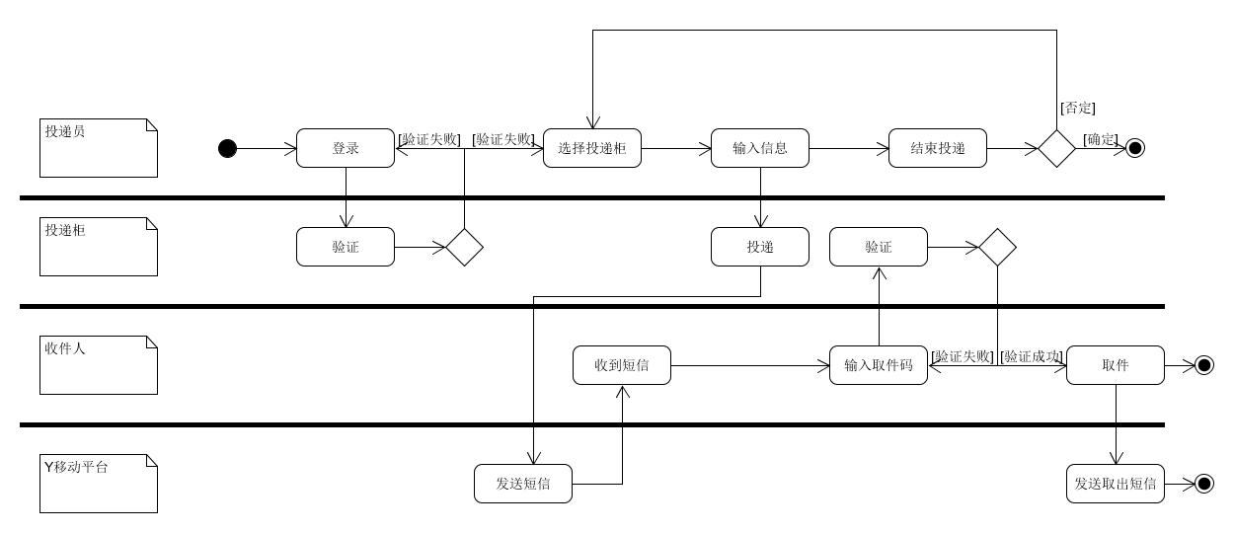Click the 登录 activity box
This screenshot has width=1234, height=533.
(x=346, y=148)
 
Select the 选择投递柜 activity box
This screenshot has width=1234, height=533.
(x=592, y=148)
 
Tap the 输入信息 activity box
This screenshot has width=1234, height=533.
(x=760, y=148)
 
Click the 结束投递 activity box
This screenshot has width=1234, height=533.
(x=938, y=148)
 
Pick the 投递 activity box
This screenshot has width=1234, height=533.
(x=760, y=247)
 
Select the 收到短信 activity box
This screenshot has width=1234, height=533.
(x=622, y=365)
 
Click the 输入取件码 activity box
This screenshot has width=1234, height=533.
(x=879, y=365)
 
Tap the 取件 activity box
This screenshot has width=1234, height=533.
(x=1116, y=365)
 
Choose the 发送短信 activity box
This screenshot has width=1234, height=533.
(x=523, y=484)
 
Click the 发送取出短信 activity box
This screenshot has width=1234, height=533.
(x=1116, y=484)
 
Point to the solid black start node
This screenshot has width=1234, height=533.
(x=228, y=148)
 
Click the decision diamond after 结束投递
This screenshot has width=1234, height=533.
(x=1056, y=148)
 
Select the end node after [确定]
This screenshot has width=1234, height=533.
(x=1135, y=148)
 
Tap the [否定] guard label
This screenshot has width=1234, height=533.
(x=1077, y=109)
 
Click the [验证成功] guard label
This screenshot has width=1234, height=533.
(x=1032, y=356)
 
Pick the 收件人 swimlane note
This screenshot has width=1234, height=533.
(x=99, y=365)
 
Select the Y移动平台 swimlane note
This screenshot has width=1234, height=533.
(x=99, y=484)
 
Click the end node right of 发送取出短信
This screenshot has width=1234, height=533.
(x=1204, y=484)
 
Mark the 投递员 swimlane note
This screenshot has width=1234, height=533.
(x=99, y=148)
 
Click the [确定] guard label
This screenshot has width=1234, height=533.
(x=1101, y=139)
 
